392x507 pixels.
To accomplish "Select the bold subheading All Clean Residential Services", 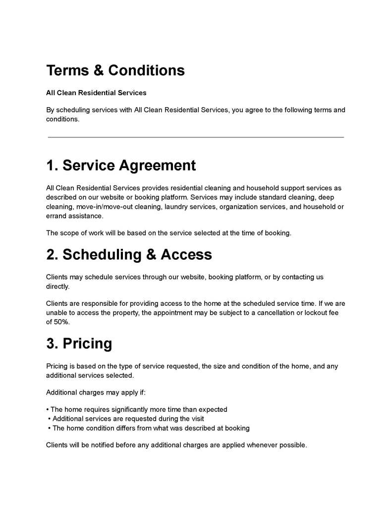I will [96, 93].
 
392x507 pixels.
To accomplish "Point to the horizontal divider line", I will [196, 137].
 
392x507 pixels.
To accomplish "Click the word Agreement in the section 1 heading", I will [157, 165].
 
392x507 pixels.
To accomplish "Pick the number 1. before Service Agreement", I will [52, 165].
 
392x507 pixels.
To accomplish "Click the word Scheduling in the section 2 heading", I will [95, 254].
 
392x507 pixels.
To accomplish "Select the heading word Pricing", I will [87, 343].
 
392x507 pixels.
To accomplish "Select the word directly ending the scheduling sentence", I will [57, 286].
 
